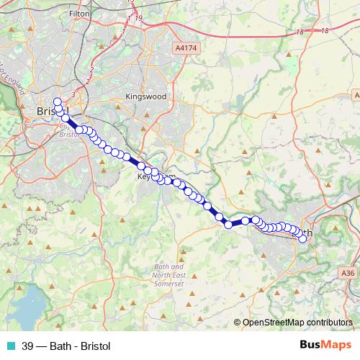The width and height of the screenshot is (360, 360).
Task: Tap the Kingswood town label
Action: (145, 96)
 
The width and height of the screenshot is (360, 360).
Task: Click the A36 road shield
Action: (348, 273)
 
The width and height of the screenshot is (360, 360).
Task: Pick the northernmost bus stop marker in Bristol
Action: (58, 101)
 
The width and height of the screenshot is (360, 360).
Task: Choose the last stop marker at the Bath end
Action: (302, 239)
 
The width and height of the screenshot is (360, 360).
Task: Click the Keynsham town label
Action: (156, 176)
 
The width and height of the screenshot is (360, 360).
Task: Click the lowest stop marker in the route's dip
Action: (229, 225)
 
